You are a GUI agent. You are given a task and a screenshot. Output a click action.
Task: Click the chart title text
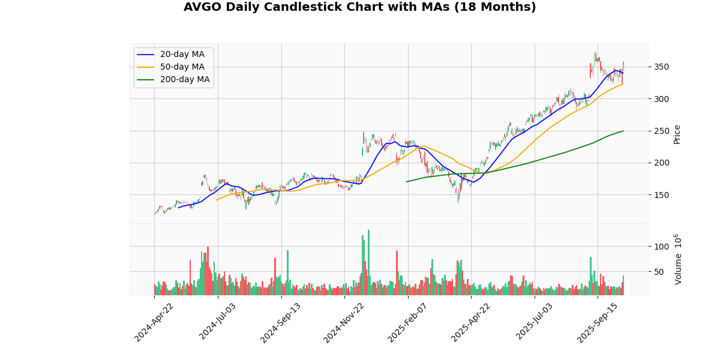(x=359, y=7)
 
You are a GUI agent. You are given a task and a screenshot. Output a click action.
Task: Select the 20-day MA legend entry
(x=182, y=55)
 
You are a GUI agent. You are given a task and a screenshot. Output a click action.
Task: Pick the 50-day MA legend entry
(x=182, y=67)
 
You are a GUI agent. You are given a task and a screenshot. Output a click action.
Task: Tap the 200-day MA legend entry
(x=184, y=80)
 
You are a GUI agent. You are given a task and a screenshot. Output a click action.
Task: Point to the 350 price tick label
(x=661, y=67)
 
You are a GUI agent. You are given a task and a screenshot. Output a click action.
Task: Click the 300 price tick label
(x=661, y=99)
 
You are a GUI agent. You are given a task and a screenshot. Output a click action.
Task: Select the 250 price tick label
(x=661, y=131)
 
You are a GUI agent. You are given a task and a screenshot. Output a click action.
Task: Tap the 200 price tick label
(x=661, y=163)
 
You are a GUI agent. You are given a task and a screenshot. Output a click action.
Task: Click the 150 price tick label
(x=661, y=195)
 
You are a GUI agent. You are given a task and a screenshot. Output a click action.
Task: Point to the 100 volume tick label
(x=661, y=247)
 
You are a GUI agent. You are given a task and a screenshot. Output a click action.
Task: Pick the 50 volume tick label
(x=659, y=272)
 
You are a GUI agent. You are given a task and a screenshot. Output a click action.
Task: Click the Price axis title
(x=677, y=134)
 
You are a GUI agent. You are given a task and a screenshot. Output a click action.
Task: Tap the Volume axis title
(x=678, y=259)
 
